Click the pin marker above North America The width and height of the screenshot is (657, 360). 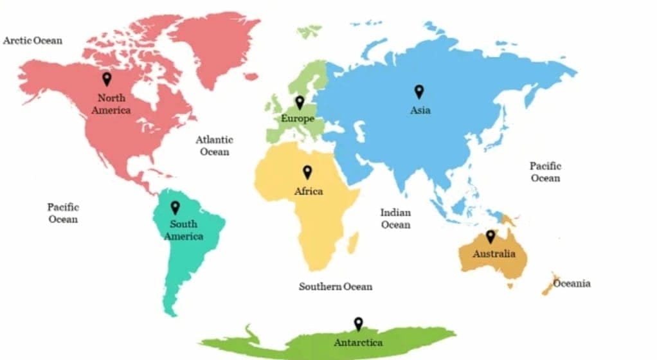(107, 79)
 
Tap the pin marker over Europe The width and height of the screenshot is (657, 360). (299, 102)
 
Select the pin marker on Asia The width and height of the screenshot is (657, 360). (419, 91)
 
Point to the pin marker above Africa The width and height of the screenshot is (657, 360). (307, 172)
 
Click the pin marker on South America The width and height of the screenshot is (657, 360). (174, 208)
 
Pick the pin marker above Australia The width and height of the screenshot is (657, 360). (491, 237)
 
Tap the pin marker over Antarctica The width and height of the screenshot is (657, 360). (358, 324)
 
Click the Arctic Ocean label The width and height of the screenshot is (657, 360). (33, 40)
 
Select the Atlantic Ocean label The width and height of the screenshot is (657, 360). (215, 145)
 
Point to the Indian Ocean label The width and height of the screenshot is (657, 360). (395, 219)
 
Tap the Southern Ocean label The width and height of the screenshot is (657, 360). (335, 286)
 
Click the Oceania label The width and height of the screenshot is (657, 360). (571, 283)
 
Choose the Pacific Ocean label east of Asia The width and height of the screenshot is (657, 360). (546, 172)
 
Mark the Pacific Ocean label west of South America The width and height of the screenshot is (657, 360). (63, 213)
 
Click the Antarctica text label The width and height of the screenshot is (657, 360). (359, 343)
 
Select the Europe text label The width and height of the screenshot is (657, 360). (298, 119)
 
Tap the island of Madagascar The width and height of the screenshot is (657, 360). (353, 243)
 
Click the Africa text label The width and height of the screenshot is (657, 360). (309, 192)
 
